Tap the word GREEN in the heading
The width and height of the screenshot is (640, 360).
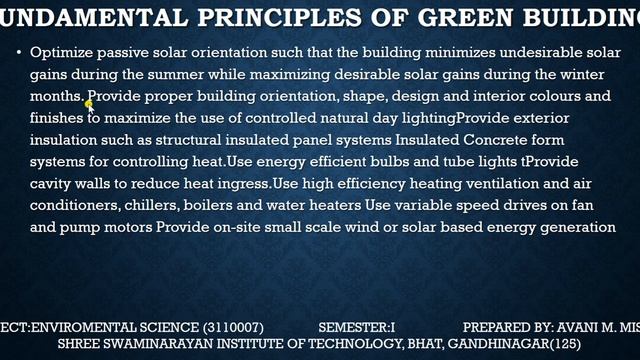click(449, 17)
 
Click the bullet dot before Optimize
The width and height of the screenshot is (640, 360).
click(20, 51)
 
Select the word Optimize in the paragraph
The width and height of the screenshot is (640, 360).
click(60, 52)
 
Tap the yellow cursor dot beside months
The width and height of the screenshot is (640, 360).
click(88, 103)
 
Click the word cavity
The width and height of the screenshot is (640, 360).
click(52, 184)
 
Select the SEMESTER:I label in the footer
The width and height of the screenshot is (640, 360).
click(358, 327)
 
